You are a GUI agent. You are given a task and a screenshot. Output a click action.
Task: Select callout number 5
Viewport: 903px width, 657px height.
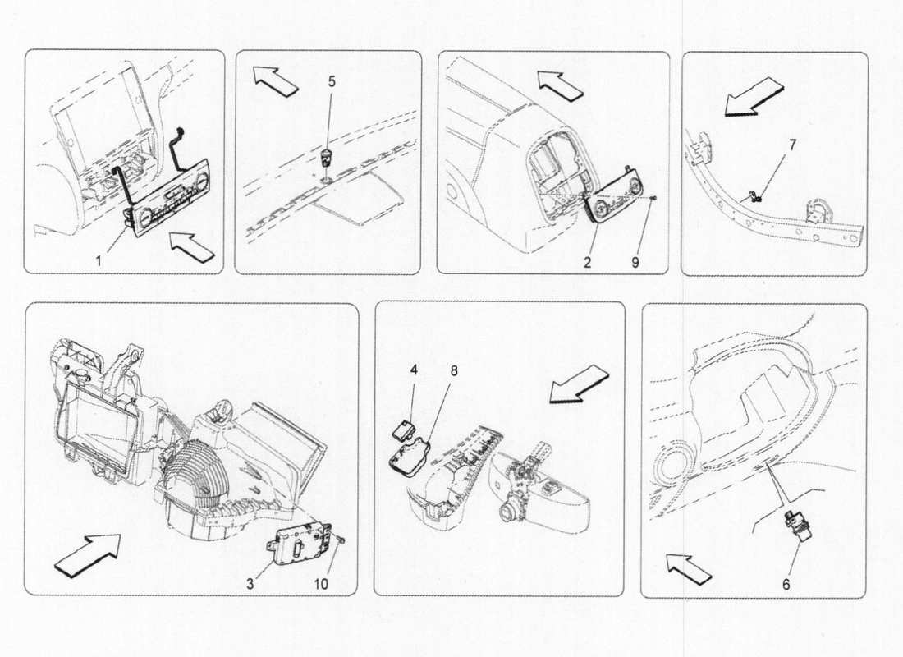pos(332,82)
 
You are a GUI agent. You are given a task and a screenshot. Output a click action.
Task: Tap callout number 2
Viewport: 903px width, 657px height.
pos(588,263)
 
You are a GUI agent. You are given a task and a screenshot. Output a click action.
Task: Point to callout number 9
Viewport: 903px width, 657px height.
pos(635,263)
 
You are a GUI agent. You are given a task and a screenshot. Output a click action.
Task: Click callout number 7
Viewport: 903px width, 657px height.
pos(791,145)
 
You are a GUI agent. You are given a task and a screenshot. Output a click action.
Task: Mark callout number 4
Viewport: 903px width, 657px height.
pos(414,370)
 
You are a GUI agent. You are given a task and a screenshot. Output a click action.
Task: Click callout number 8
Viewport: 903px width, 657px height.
pos(453,370)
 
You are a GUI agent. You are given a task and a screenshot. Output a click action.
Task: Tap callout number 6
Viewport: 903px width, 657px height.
pos(786,584)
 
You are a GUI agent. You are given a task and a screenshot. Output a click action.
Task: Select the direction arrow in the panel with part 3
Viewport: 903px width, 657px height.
pos(86,552)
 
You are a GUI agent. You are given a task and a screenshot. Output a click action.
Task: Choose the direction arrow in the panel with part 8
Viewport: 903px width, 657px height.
pos(580,384)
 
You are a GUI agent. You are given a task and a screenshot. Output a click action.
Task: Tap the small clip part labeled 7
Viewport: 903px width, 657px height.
pos(755,196)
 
